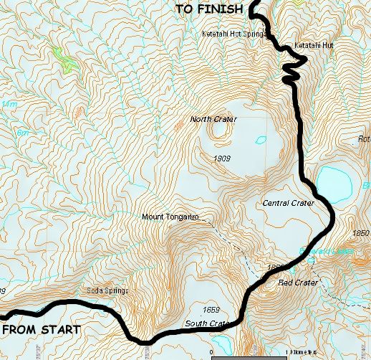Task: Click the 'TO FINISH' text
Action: coord(208,9)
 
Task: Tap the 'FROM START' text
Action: coord(42,330)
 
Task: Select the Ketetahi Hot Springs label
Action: coord(233,34)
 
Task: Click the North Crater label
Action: coord(213,119)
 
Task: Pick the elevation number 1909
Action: coord(221,158)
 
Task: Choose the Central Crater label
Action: coord(288,203)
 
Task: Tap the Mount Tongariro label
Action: coord(170,217)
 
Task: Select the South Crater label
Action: coord(207,323)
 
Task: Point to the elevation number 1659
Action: coord(211,310)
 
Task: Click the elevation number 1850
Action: coord(361,233)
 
